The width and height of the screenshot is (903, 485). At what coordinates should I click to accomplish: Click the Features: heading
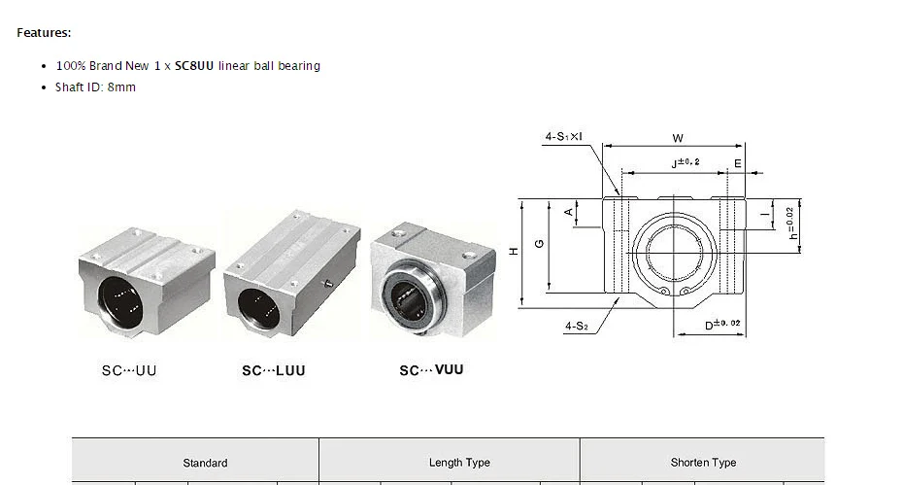click(x=44, y=33)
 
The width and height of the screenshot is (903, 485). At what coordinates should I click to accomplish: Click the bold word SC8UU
click(x=194, y=66)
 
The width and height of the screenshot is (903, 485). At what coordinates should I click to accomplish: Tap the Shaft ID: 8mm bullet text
click(x=95, y=87)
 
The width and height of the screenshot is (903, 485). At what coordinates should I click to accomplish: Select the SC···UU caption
click(x=129, y=370)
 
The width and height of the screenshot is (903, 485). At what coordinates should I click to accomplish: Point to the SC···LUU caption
click(x=274, y=370)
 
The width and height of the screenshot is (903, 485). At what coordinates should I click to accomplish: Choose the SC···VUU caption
click(x=431, y=369)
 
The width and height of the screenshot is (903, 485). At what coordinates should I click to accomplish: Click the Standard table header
click(x=205, y=463)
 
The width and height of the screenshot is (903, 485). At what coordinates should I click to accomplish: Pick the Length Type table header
click(x=459, y=462)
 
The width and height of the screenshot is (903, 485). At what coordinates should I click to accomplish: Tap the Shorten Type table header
click(x=703, y=462)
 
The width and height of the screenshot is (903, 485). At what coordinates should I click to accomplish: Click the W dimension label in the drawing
click(x=678, y=138)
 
